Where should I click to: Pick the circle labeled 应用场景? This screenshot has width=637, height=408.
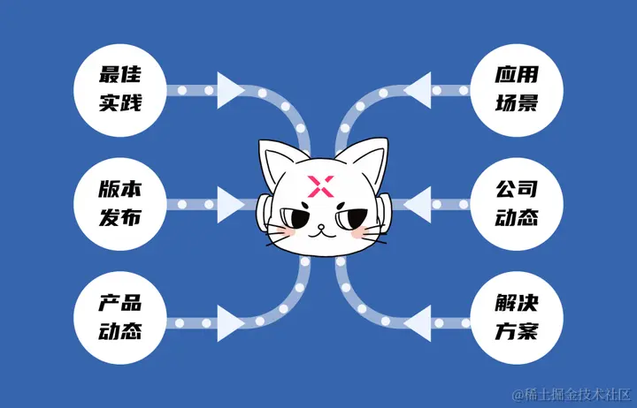click(x=516, y=91)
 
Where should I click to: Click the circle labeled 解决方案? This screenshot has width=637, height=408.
click(x=516, y=319)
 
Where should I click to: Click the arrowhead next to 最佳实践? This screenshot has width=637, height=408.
click(x=230, y=90)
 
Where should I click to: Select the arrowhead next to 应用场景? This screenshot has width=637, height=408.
click(x=420, y=90)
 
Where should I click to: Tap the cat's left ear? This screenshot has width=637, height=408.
click(x=275, y=159)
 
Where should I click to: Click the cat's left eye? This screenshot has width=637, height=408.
click(x=293, y=217)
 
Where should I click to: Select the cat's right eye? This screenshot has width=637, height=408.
click(x=351, y=216)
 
